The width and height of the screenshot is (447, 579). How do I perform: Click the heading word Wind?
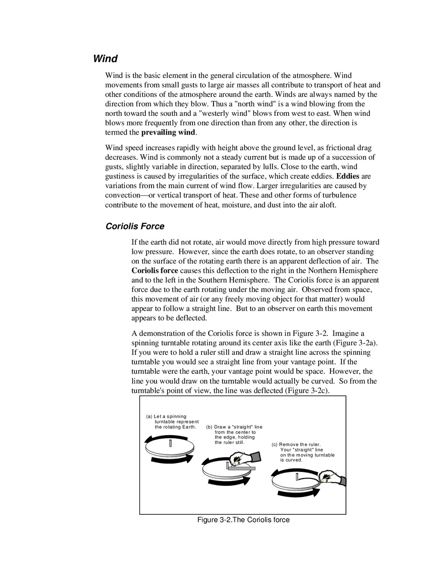coord(105,59)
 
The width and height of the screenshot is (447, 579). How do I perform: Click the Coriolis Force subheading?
coord(135,226)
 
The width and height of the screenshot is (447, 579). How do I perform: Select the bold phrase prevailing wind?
coord(168,132)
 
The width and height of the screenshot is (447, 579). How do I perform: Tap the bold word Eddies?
coord(347,176)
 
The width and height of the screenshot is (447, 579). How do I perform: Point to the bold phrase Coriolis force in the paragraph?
coord(155,271)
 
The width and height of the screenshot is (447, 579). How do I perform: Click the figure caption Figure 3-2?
coord(243,520)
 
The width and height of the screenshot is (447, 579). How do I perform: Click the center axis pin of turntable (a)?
coord(170,443)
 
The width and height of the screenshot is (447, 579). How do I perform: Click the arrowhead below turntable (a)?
coord(188,458)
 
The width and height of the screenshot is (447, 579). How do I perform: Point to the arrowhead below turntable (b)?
coord(246,480)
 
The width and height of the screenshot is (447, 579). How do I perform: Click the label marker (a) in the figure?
coord(149,416)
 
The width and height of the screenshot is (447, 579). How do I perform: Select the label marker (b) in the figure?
coord(209,427)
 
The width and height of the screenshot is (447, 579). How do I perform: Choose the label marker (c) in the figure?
coord(275,444)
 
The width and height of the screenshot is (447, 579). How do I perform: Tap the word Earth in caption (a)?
coord(189,427)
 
